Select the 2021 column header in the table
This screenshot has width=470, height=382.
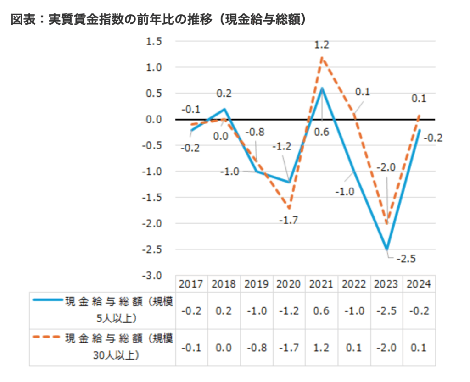(x=321, y=284)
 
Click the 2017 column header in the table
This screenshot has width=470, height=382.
(x=191, y=284)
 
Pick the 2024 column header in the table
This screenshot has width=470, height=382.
(x=418, y=284)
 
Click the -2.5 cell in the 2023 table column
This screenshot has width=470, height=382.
(x=386, y=310)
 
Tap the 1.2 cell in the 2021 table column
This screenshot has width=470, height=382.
(x=321, y=348)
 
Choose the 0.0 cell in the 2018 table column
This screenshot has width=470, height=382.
(x=224, y=348)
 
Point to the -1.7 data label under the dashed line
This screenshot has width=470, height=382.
(x=288, y=221)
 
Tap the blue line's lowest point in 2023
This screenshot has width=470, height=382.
(x=387, y=249)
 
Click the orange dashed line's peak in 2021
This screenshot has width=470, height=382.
(x=322, y=57)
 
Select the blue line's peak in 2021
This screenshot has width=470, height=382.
(x=322, y=88)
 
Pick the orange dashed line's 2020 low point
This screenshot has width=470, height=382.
(x=290, y=208)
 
